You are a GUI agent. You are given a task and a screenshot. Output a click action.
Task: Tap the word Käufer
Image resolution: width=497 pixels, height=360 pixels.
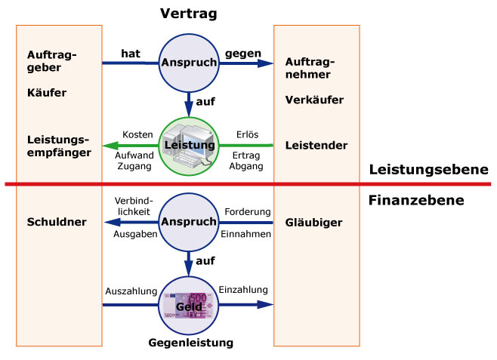[46, 94]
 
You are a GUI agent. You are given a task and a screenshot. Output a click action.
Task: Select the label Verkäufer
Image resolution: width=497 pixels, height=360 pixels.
[314, 100]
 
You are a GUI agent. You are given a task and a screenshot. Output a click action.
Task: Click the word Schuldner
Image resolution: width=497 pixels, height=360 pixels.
[56, 222]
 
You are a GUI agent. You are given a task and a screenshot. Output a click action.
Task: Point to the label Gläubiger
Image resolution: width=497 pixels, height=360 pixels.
[314, 223]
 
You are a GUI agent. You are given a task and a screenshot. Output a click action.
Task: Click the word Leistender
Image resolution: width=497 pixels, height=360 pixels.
[316, 145]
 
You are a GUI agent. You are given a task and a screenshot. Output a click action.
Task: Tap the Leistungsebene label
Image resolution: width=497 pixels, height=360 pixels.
[428, 170]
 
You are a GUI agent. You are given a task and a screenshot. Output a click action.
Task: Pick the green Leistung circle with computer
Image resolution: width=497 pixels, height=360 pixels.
[187, 144]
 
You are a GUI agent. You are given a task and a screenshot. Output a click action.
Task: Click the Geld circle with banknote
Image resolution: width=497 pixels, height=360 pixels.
[187, 305]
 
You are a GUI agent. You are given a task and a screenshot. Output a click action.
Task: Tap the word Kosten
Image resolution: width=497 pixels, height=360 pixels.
[138, 133]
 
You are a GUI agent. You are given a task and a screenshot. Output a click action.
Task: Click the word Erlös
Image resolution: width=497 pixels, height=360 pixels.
[246, 133]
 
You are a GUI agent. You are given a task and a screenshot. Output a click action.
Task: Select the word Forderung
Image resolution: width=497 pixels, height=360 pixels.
[248, 212]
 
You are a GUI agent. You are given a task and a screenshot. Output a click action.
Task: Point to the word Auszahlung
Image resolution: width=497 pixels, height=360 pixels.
[131, 291]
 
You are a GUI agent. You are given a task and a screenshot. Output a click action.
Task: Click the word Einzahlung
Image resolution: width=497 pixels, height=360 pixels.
[243, 290]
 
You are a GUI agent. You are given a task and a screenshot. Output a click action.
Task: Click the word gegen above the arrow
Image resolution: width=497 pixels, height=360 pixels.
[243, 54]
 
